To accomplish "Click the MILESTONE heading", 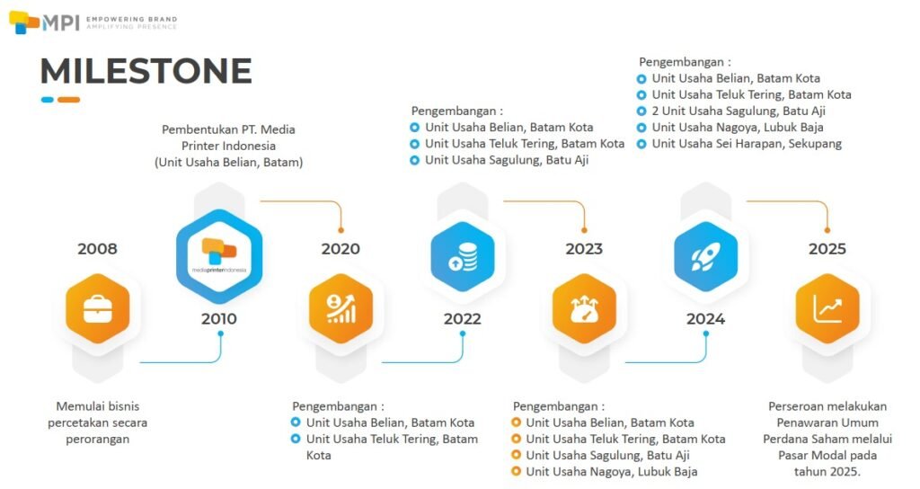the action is tap(146, 71).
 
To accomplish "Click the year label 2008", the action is tap(97, 248).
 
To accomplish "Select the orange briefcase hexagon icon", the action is tap(97, 308).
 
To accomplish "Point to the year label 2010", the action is tap(219, 319).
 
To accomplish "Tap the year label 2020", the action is tap(341, 248).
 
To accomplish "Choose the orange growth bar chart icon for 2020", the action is tap(341, 308).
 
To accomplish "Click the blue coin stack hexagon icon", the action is tap(463, 256).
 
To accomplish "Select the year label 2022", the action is tap(463, 319).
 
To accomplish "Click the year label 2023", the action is tap(584, 248).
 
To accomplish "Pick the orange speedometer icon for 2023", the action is tap(584, 308).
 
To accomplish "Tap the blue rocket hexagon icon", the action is tap(706, 256).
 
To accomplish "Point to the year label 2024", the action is tap(706, 319).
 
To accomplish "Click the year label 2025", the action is tap(827, 248).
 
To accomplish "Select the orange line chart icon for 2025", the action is tap(827, 308).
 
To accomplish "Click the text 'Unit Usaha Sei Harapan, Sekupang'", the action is tap(747, 144).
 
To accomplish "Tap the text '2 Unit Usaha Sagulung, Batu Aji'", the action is tap(739, 111).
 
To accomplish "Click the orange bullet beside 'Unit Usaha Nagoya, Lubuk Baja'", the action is tap(517, 471).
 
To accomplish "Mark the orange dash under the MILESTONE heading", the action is tap(68, 100).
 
